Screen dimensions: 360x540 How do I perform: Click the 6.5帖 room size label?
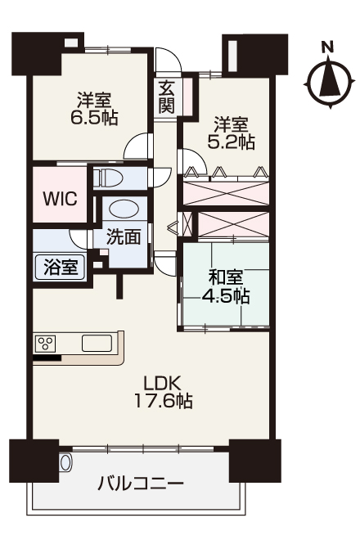pos(94,118)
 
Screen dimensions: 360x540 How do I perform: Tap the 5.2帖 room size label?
pos(232,142)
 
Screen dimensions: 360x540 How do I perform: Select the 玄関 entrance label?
pos(166,98)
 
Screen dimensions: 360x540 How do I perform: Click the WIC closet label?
pos(60,198)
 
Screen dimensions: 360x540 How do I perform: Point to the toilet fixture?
pos(108,178)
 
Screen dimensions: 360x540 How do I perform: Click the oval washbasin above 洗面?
pos(124,209)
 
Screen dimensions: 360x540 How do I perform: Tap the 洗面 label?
pos(124,236)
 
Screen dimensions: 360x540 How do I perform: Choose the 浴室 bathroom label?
pos(61,267)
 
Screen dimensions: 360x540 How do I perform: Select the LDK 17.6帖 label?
pos(163,392)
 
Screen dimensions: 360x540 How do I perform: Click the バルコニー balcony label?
pos(140,484)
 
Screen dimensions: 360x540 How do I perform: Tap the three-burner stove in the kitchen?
pos(46,344)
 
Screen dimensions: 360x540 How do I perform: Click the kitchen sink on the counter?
pos(97,343)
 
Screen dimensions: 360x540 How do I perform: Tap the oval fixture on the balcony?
pos(65,462)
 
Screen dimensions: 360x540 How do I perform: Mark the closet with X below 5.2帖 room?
pos(226,193)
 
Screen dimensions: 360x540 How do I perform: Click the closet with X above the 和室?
pos(233,224)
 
